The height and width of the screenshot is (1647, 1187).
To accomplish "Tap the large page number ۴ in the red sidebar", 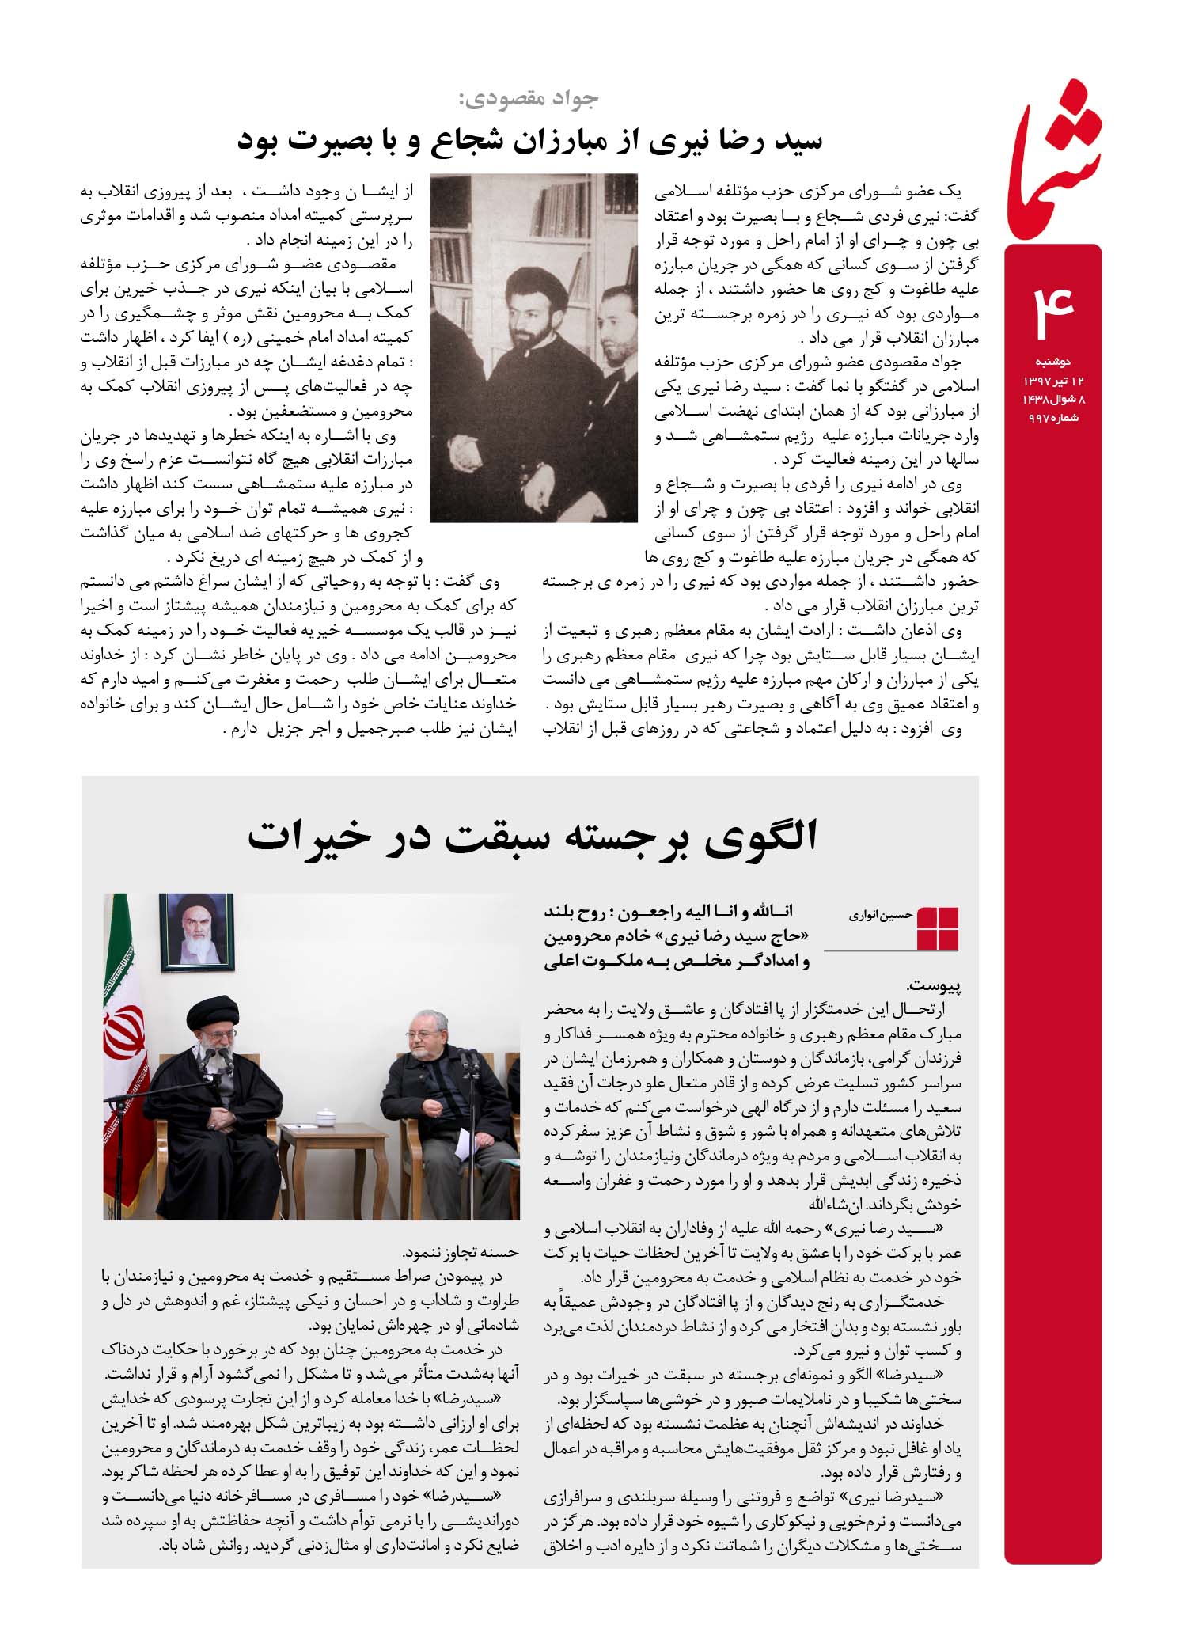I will point(1053,304).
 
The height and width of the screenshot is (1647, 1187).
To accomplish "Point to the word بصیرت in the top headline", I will point(320,140).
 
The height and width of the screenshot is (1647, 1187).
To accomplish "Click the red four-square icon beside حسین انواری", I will point(938,928).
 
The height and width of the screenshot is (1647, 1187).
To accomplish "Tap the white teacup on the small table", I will point(324,1118).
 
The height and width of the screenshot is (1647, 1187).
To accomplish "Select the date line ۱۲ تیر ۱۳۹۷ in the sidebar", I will point(1052,381).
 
